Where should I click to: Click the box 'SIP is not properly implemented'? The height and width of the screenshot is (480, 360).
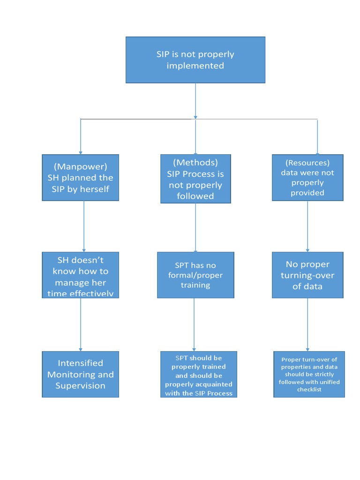pos(195,60)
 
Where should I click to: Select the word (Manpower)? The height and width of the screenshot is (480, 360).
pos(80,166)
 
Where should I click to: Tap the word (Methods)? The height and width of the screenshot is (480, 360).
pos(195,162)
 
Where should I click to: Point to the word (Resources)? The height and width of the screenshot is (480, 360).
pos(307,163)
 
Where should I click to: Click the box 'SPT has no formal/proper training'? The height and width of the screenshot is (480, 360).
pos(195,275)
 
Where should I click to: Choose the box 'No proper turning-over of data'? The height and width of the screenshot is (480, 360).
pos(307,275)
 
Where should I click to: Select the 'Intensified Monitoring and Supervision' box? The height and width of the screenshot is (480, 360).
pos(80,374)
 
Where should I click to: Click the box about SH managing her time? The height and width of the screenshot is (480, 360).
pos(80,275)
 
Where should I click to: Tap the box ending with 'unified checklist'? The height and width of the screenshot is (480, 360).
pos(309,374)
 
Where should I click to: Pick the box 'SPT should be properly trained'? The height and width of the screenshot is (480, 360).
pos(198,374)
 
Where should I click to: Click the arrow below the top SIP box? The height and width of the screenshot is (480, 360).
pos(195,101)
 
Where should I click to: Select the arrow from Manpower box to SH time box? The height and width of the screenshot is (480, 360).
pos(84,226)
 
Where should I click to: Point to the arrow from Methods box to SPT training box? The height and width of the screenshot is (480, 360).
pos(195,228)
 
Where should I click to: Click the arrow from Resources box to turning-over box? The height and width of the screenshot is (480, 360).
pos(307,226)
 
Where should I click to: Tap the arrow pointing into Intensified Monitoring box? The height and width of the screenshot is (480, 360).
pos(81,324)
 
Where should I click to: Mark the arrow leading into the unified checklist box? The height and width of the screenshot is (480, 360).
pos(307,324)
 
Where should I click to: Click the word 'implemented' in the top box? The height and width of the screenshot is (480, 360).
pos(195,66)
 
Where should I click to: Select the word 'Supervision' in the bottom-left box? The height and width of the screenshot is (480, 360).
pos(80,386)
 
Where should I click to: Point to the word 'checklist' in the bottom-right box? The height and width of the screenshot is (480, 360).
pos(309,390)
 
